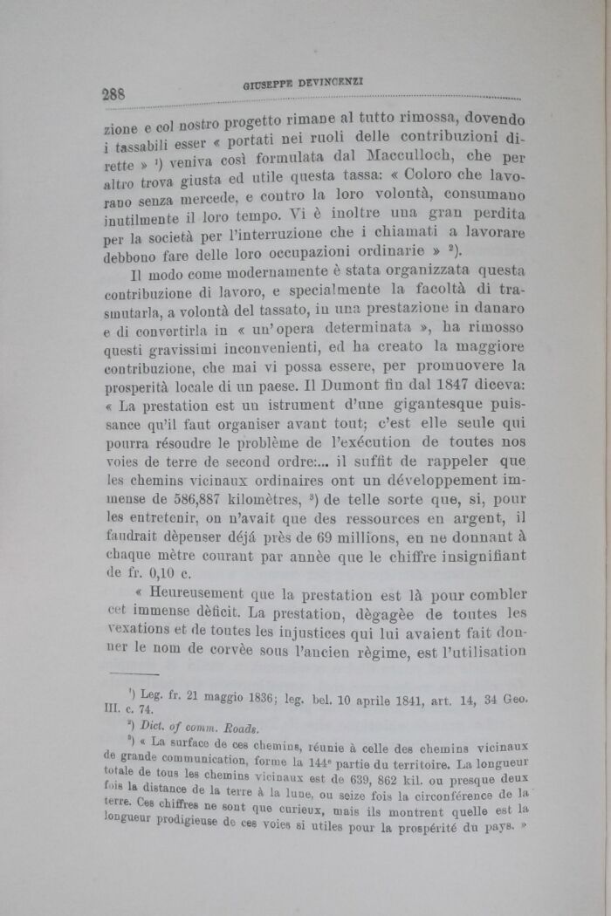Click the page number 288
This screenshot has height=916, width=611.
(115, 94)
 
